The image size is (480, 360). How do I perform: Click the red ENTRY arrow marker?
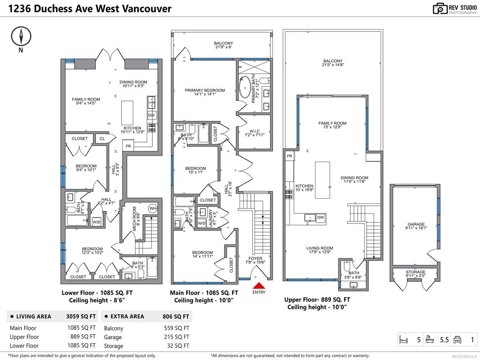[x=259, y=285]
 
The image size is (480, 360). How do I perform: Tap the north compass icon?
[x=20, y=36]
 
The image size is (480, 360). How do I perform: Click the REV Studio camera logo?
[x=440, y=8]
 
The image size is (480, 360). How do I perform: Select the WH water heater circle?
[x=153, y=208]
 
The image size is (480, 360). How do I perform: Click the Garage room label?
[x=415, y=226]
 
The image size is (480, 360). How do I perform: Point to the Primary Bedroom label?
[x=205, y=92]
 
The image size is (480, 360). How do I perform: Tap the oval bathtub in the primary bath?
[x=245, y=87]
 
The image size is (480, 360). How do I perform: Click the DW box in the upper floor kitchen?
[x=320, y=217]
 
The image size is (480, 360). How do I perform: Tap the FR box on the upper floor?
[x=289, y=156]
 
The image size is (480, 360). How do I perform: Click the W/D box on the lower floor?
[x=97, y=222]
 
